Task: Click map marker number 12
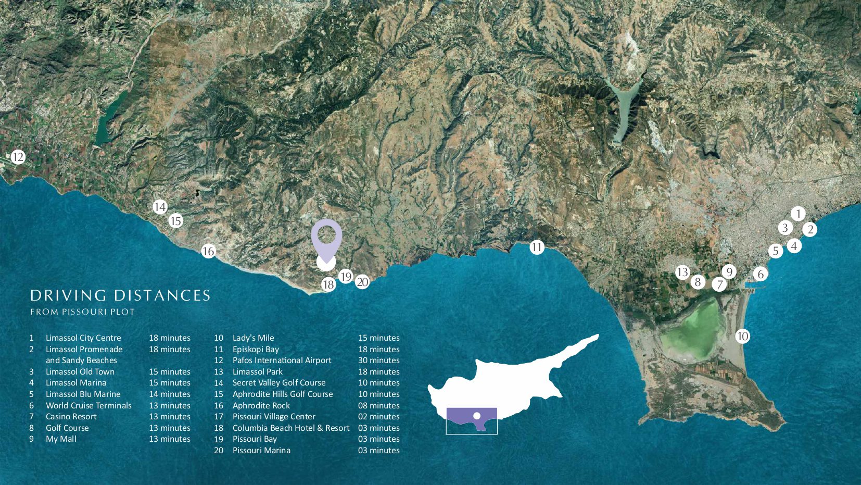pyautogui.click(x=18, y=157)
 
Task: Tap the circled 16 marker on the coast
pyautogui.click(x=208, y=251)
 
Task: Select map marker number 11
pyautogui.click(x=537, y=247)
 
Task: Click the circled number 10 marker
pyautogui.click(x=742, y=336)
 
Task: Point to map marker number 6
pyautogui.click(x=760, y=274)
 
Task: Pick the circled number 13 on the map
pyautogui.click(x=682, y=272)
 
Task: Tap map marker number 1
pyautogui.click(x=797, y=214)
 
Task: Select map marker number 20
pyautogui.click(x=362, y=282)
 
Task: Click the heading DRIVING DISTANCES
pyautogui.click(x=120, y=296)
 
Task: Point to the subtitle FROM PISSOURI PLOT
pyautogui.click(x=82, y=312)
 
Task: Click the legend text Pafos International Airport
pyautogui.click(x=282, y=360)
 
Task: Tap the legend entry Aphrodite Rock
pyautogui.click(x=261, y=405)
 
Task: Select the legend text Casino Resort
pyautogui.click(x=71, y=417)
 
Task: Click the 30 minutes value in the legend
pyautogui.click(x=378, y=360)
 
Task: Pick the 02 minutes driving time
pyautogui.click(x=378, y=417)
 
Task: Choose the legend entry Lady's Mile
pyautogui.click(x=253, y=338)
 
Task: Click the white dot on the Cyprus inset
pyautogui.click(x=476, y=416)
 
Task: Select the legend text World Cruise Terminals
pyautogui.click(x=88, y=405)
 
